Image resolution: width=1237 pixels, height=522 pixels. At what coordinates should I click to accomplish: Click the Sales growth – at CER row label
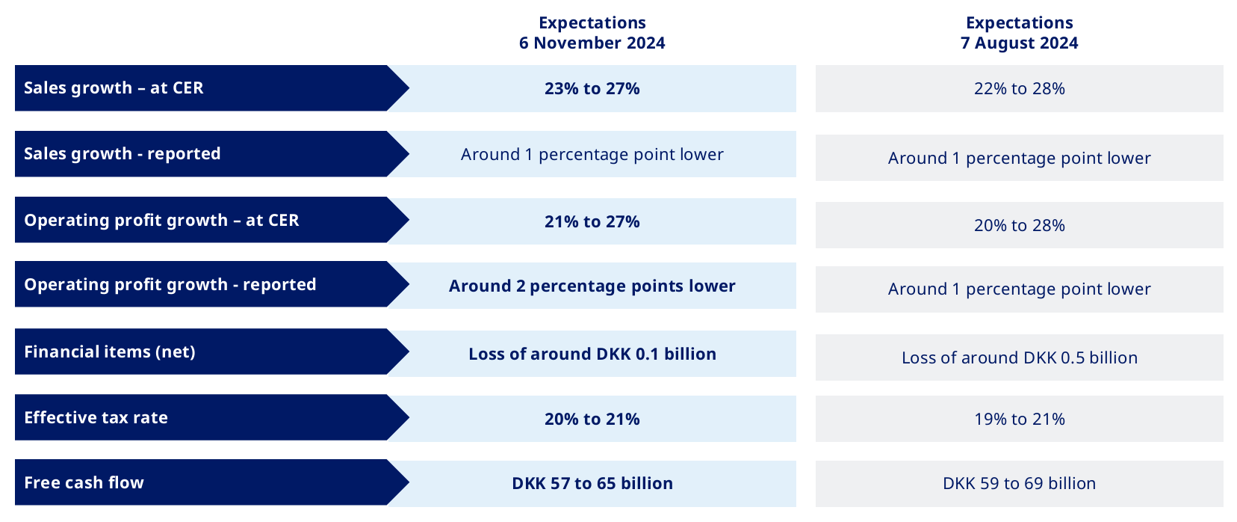coord(114,88)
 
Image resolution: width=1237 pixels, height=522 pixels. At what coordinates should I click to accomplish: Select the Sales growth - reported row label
coord(123,154)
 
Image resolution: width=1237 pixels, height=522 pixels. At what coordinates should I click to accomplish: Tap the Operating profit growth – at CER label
coord(161,221)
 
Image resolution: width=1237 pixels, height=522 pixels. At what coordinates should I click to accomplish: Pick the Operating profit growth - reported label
coord(170,285)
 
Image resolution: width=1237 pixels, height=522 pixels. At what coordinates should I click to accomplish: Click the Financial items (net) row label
coord(110,352)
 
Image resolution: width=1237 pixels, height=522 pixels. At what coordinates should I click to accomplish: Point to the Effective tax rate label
coord(96,418)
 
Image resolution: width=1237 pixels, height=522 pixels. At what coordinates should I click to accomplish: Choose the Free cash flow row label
coord(84,483)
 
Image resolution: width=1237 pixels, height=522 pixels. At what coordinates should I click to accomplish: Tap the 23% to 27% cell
coord(592,89)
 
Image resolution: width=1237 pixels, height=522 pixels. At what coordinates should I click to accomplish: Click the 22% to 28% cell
coord(1019,89)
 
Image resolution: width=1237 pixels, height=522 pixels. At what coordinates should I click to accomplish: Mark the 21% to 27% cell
coord(592,222)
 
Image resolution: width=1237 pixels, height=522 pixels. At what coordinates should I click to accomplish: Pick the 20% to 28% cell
coord(1019,226)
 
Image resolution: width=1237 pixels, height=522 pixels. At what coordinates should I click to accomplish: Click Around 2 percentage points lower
coord(592,286)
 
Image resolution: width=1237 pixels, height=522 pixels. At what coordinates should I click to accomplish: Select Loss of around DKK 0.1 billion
coord(592,354)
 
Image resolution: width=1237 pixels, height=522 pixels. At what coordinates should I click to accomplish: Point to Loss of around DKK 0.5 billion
coord(1019,358)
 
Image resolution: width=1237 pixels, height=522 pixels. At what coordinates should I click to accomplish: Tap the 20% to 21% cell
coord(592,420)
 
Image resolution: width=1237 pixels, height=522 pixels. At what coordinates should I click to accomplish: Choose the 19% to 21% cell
coord(1019,420)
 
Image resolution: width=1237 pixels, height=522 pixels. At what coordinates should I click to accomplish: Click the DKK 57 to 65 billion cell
coord(592,484)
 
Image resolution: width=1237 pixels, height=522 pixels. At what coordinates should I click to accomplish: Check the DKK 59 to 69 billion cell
coord(1019,484)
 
